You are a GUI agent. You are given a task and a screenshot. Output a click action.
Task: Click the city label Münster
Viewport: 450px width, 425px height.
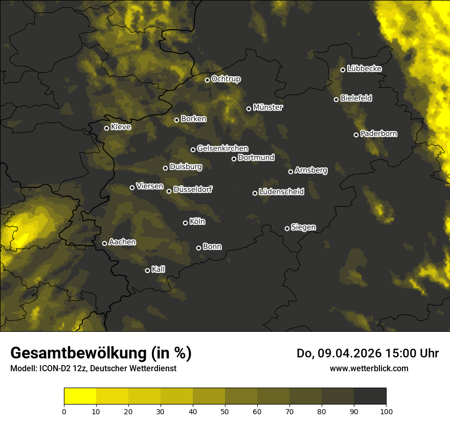pyautogui.click(x=268, y=108)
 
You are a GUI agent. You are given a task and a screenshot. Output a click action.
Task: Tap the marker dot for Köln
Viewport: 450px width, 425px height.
pyautogui.click(x=185, y=223)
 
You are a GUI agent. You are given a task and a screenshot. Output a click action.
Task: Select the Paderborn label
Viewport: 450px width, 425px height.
pyautogui.click(x=378, y=134)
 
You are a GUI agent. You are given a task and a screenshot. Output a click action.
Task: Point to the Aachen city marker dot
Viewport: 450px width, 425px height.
pyautogui.click(x=104, y=243)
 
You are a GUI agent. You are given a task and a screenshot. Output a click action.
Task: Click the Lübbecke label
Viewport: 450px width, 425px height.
pyautogui.click(x=364, y=69)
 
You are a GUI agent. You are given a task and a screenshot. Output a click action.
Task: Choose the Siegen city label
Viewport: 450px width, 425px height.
pyautogui.click(x=303, y=227)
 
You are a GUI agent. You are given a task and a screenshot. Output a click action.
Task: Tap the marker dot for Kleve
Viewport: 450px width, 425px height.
pyautogui.click(x=106, y=128)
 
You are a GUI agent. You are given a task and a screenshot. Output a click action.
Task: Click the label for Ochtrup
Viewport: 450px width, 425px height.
pyautogui.click(x=226, y=79)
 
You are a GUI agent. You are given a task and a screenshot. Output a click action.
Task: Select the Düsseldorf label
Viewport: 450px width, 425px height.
pyautogui.click(x=193, y=189)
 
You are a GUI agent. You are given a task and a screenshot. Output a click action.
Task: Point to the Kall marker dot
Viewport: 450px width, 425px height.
pyautogui.click(x=147, y=270)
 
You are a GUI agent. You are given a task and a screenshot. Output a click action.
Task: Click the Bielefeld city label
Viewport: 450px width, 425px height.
pyautogui.click(x=356, y=98)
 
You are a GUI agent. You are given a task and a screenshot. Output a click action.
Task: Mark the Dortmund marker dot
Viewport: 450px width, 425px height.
pyautogui.click(x=234, y=159)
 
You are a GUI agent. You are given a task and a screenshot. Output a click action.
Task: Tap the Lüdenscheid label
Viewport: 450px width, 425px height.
pyautogui.click(x=281, y=192)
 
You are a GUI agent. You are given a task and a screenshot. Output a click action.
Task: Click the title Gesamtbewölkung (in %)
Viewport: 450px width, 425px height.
pyautogui.click(x=101, y=353)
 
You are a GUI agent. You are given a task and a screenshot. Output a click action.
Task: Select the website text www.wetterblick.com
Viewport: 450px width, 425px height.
pyautogui.click(x=369, y=368)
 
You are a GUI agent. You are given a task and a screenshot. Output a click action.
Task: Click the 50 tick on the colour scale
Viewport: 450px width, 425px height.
pyautogui.click(x=225, y=411)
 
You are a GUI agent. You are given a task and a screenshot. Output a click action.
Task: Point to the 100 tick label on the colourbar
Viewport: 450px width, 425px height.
pyautogui.click(x=386, y=411)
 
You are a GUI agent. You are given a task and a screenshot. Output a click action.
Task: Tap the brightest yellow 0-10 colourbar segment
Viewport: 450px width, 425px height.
pyautogui.click(x=80, y=396)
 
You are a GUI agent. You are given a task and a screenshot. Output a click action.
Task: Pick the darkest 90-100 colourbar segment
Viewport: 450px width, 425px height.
pyautogui.click(x=370, y=396)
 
